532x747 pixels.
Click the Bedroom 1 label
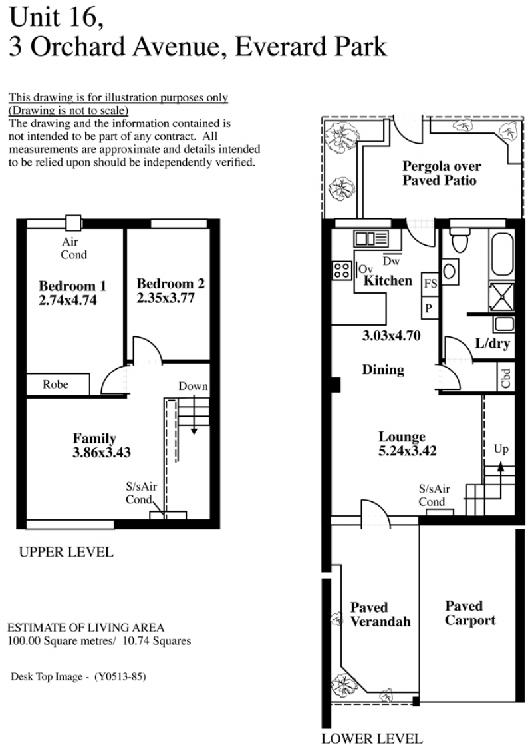[x=72, y=286]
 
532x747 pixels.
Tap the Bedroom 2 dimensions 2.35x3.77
[x=166, y=298]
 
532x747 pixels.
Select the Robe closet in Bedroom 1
[x=58, y=384]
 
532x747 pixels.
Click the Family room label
[x=94, y=438]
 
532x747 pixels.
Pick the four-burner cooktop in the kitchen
[x=342, y=270]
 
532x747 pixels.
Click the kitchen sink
[x=370, y=238]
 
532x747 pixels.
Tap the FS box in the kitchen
[x=430, y=284]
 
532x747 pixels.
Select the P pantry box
[x=430, y=308]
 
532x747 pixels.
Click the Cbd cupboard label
[x=506, y=378]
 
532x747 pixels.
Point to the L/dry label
[x=493, y=343]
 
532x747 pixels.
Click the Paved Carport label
[x=470, y=613]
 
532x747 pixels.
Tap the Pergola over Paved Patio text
[x=441, y=173]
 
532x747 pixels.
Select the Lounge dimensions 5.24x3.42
[x=408, y=451]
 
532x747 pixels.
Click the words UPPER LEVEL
[x=66, y=552]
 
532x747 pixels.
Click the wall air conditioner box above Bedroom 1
[x=73, y=223]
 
